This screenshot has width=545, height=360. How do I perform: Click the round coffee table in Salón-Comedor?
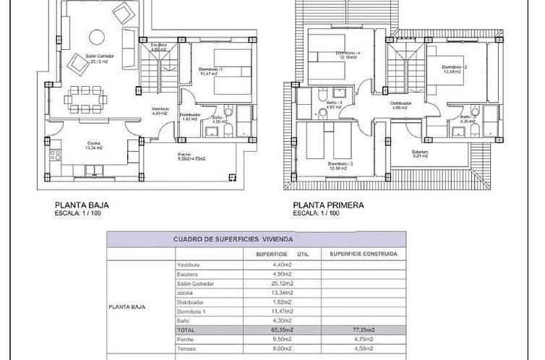[x=95, y=36]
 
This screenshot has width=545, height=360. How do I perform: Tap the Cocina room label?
[x=91, y=145]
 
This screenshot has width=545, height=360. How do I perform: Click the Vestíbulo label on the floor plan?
[x=160, y=111]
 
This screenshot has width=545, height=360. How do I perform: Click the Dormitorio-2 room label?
[x=455, y=69]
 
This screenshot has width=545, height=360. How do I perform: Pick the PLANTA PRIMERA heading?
[x=329, y=205]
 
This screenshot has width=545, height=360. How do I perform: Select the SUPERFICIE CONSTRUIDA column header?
[x=364, y=254]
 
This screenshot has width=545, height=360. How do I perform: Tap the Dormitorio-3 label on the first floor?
[x=340, y=166]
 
